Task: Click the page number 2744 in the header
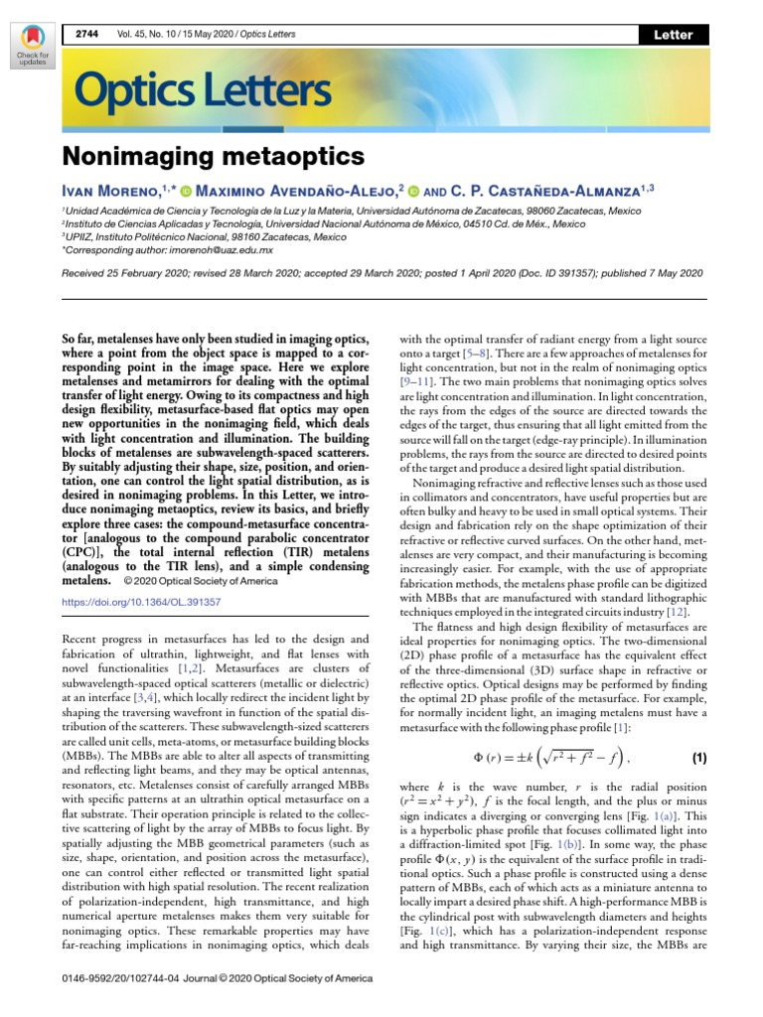point(88,35)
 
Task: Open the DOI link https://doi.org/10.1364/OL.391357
point(141,602)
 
